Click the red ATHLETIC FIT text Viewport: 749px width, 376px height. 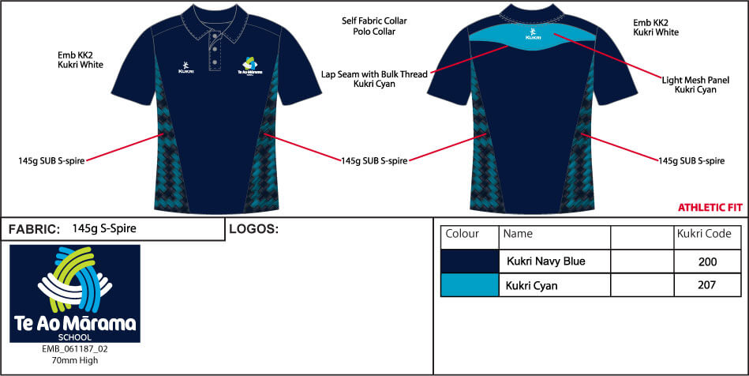point(710,208)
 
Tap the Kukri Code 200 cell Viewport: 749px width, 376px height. point(707,261)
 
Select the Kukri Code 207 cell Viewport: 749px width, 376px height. point(707,285)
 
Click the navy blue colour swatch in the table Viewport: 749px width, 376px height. point(470,261)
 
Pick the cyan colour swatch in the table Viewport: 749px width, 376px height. point(470,285)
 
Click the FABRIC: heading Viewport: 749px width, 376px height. point(35,229)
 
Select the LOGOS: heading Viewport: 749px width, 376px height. point(253,229)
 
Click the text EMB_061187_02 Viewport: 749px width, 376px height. point(74,350)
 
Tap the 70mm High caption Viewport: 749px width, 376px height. point(74,361)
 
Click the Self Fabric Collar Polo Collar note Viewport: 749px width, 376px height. point(374,26)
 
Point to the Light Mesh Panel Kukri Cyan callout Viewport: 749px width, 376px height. point(695,85)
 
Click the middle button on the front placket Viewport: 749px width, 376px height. point(215,49)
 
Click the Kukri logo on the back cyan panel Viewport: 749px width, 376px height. point(533,33)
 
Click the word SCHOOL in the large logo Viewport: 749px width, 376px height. point(75,337)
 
